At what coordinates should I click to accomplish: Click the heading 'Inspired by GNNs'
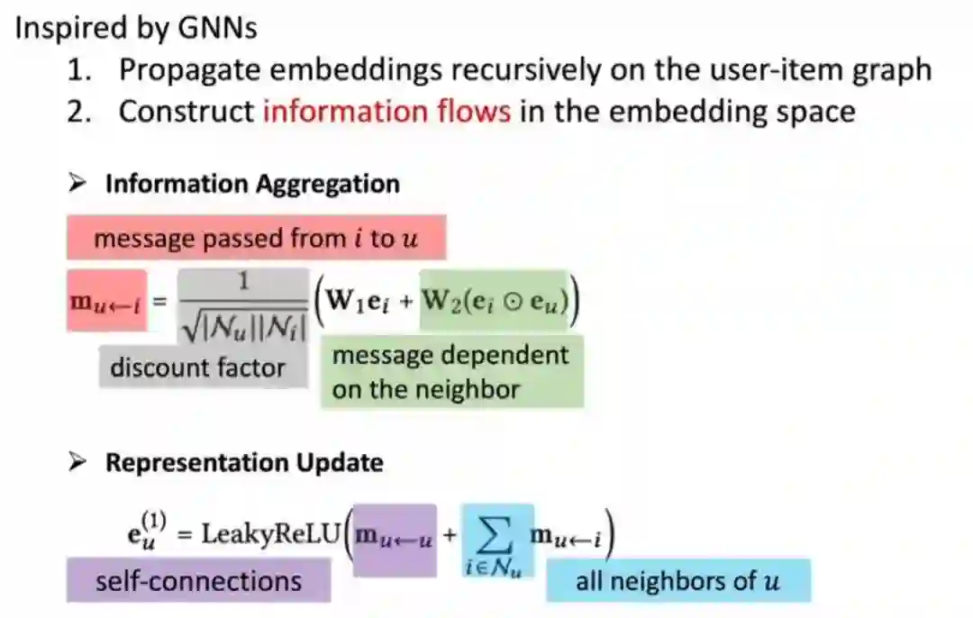click(x=135, y=27)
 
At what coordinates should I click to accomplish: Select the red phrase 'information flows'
click(x=386, y=112)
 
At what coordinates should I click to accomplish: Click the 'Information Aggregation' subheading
click(x=252, y=184)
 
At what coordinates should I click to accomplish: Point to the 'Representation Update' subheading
click(x=244, y=462)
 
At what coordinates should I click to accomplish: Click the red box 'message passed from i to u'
click(x=256, y=238)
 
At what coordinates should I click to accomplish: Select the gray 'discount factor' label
click(x=197, y=368)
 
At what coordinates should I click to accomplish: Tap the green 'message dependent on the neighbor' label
click(x=450, y=372)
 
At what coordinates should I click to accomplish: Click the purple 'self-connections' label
click(x=198, y=580)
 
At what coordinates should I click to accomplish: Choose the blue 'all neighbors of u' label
click(x=677, y=580)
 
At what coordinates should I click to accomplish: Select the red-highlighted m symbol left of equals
click(x=106, y=299)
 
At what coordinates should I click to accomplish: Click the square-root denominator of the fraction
click(x=243, y=319)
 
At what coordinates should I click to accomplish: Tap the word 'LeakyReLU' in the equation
click(x=270, y=533)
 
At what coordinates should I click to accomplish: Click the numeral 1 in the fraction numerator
click(x=242, y=281)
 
